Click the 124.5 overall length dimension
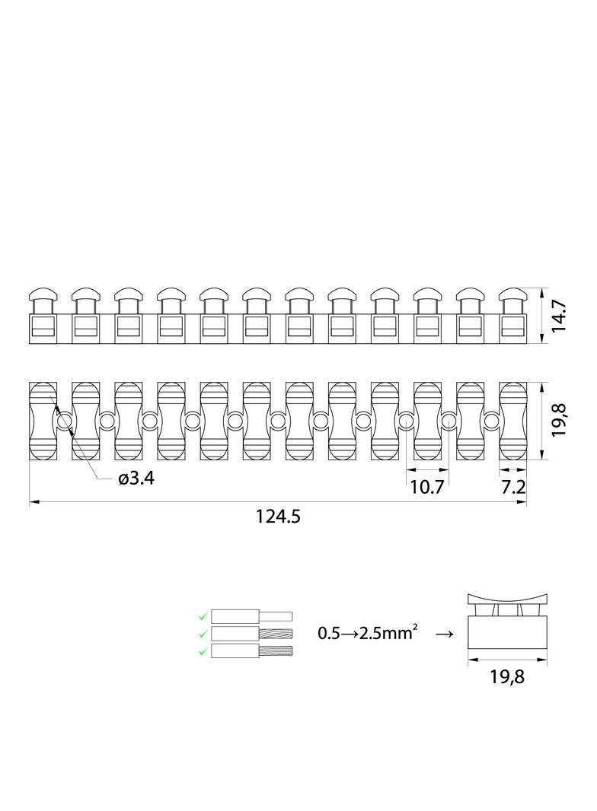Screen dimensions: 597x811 [277, 516]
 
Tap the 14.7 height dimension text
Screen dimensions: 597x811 [559, 316]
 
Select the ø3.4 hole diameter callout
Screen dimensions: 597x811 [136, 479]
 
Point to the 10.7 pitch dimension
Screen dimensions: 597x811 [427, 487]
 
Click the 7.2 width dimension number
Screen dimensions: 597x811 [513, 487]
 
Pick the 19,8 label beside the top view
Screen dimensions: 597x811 [559, 421]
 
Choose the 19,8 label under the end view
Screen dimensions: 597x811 [507, 676]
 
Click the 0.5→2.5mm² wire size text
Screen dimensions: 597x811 [368, 632]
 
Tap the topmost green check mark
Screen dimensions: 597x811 [203, 616]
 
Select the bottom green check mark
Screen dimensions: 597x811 [203, 650]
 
